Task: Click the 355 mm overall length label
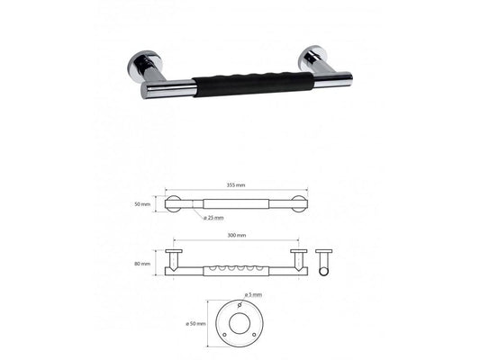coord(236,185)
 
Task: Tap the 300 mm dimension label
coord(237,235)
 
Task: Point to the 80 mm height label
coord(142,264)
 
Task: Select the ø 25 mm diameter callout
coord(213,218)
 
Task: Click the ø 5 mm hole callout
coord(253,294)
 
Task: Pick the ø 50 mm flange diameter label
coord(195,324)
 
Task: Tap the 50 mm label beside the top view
coord(142,204)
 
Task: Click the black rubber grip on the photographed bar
coord(253,85)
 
